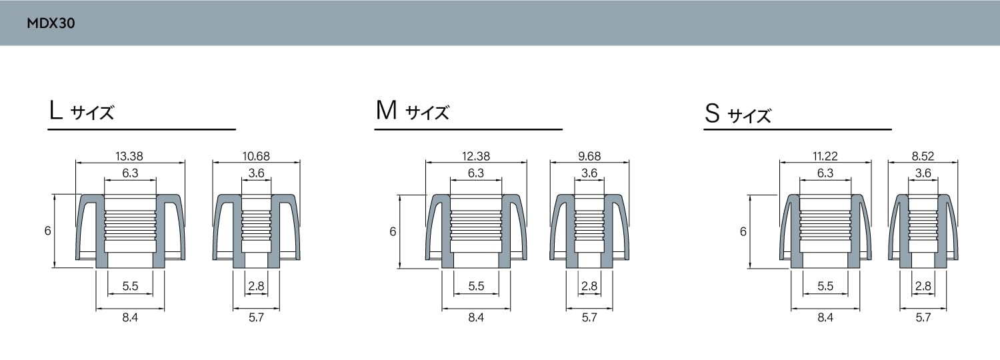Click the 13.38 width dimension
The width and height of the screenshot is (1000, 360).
pyautogui.click(x=129, y=157)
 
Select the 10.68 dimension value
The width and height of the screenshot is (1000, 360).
pyautogui.click(x=256, y=157)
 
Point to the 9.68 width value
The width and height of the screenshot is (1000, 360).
pyautogui.click(x=589, y=157)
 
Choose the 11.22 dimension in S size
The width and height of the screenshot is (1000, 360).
pyautogui.click(x=825, y=157)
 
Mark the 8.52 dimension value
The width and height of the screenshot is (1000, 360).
pyautogui.click(x=923, y=157)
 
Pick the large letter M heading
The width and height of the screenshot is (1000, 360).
pyautogui.click(x=386, y=111)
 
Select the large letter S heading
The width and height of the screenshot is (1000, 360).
pyautogui.click(x=713, y=114)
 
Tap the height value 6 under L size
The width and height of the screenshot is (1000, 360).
pyautogui.click(x=47, y=231)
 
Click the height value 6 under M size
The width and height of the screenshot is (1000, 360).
pyautogui.click(x=393, y=231)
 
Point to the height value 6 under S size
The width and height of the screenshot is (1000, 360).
pyautogui.click(x=743, y=231)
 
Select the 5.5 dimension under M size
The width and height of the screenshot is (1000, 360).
pyautogui.click(x=476, y=286)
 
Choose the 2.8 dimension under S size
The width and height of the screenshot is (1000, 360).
pyautogui.click(x=923, y=286)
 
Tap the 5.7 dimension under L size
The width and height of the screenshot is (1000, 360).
pyautogui.click(x=256, y=318)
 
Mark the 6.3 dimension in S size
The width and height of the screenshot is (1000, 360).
pyautogui.click(x=825, y=173)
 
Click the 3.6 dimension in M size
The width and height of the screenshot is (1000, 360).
pyautogui.click(x=589, y=173)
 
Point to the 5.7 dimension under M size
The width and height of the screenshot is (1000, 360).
pyautogui.click(x=589, y=318)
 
